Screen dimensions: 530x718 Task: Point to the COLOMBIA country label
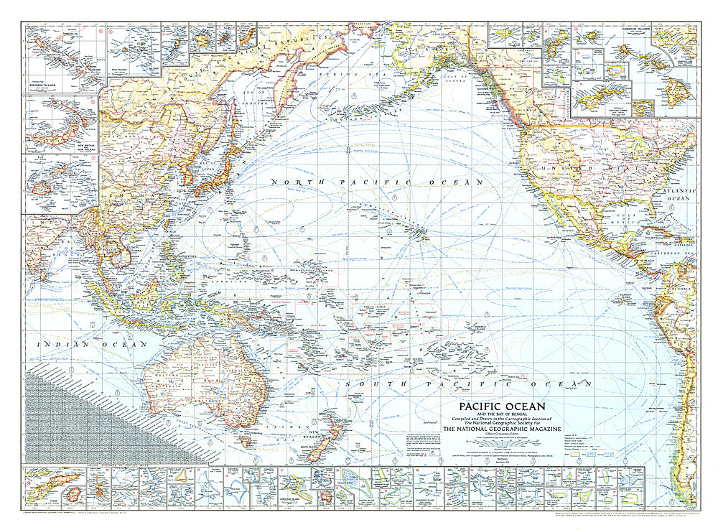point(679,289)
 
